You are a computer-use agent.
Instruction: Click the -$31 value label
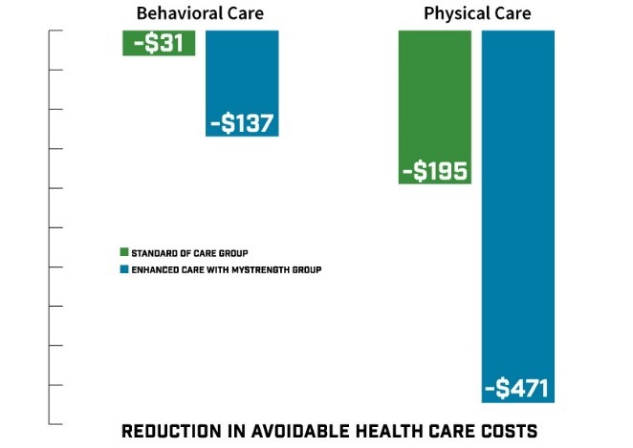[x=159, y=43]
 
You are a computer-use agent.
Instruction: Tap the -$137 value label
[x=242, y=123]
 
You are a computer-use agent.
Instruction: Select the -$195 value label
[x=434, y=171]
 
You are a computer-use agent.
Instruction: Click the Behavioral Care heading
[x=200, y=13]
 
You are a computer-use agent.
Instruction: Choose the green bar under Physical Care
[x=434, y=96]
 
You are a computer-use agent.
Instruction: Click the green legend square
[x=123, y=253]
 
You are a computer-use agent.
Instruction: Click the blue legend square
[x=123, y=270]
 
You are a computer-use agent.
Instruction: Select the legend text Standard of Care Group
[x=190, y=253]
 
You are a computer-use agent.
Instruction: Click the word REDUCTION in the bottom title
[x=173, y=432]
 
